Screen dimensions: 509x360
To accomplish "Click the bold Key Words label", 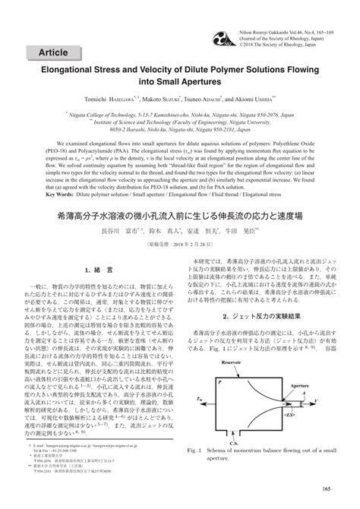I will [68, 194].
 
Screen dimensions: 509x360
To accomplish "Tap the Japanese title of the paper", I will [179, 216].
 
